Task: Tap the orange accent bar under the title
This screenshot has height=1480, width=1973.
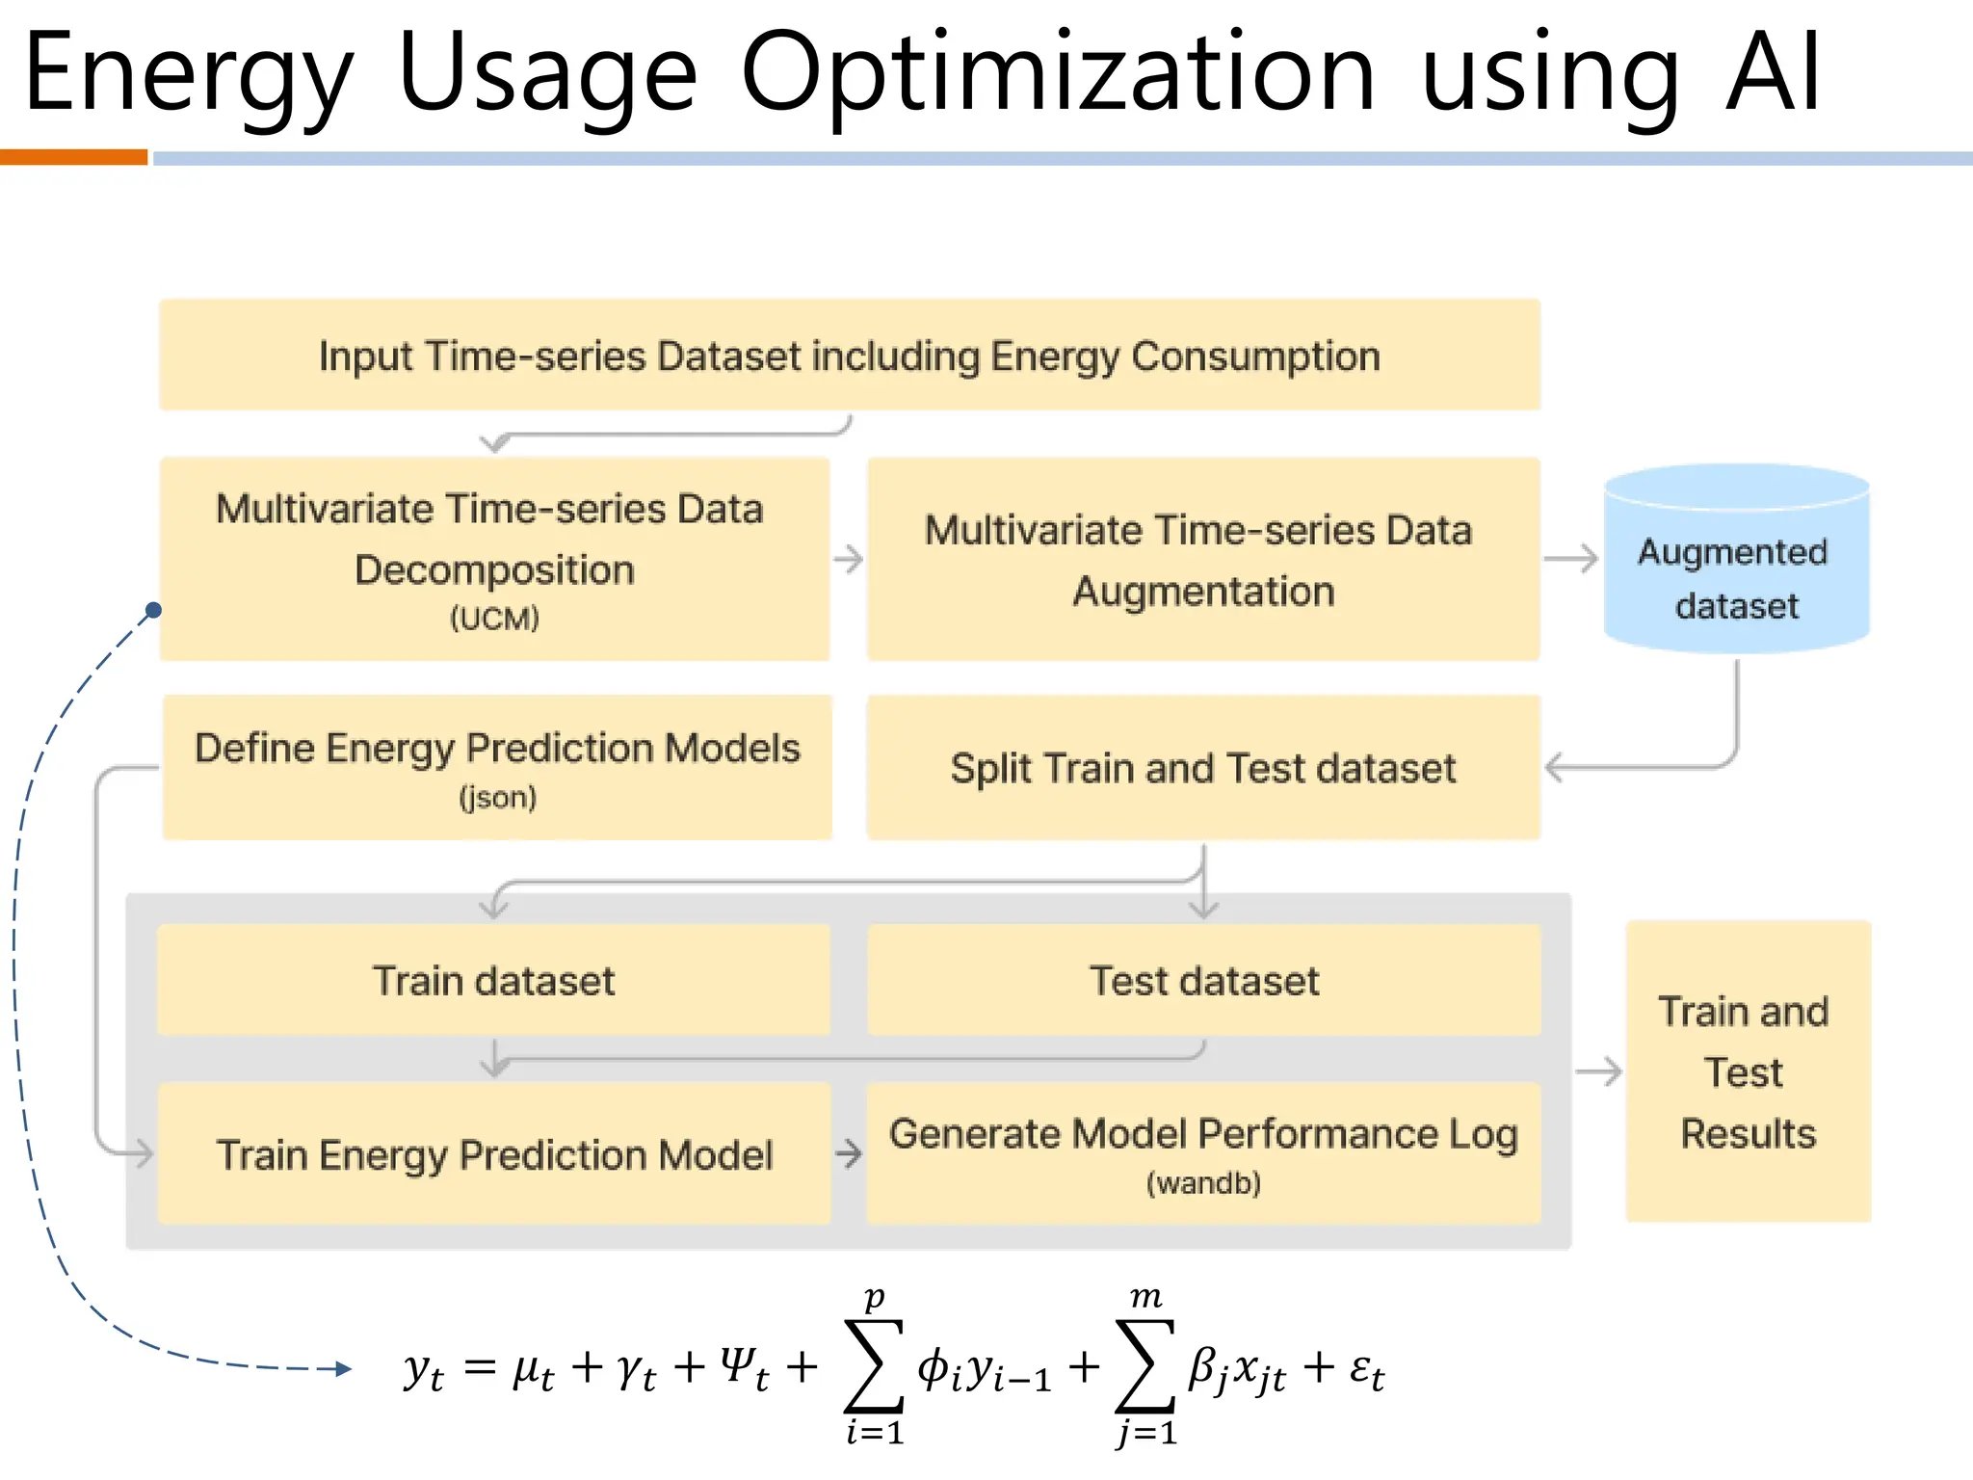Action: (x=73, y=158)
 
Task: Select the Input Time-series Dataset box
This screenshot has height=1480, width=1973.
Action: (x=849, y=356)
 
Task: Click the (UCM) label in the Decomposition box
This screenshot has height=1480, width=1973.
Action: (x=494, y=619)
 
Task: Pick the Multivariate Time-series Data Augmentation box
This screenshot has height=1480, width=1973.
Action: (x=1202, y=559)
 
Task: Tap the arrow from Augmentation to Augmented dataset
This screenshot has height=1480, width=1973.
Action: (x=1571, y=559)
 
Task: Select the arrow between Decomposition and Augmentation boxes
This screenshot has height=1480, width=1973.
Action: (x=849, y=559)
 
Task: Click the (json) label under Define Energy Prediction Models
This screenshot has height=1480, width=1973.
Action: (x=497, y=798)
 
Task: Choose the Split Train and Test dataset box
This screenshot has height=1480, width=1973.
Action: (x=1202, y=768)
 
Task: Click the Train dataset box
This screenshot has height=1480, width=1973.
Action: (x=493, y=981)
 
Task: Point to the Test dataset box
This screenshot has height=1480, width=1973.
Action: (x=1203, y=981)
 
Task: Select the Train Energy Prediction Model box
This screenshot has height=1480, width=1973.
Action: (x=493, y=1154)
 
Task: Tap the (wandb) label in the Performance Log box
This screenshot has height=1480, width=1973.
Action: (x=1203, y=1183)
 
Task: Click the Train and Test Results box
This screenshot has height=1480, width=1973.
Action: (x=1748, y=1071)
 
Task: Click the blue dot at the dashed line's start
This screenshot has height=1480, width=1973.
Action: (x=153, y=610)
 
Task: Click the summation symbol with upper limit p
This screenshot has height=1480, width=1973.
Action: (x=874, y=1366)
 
